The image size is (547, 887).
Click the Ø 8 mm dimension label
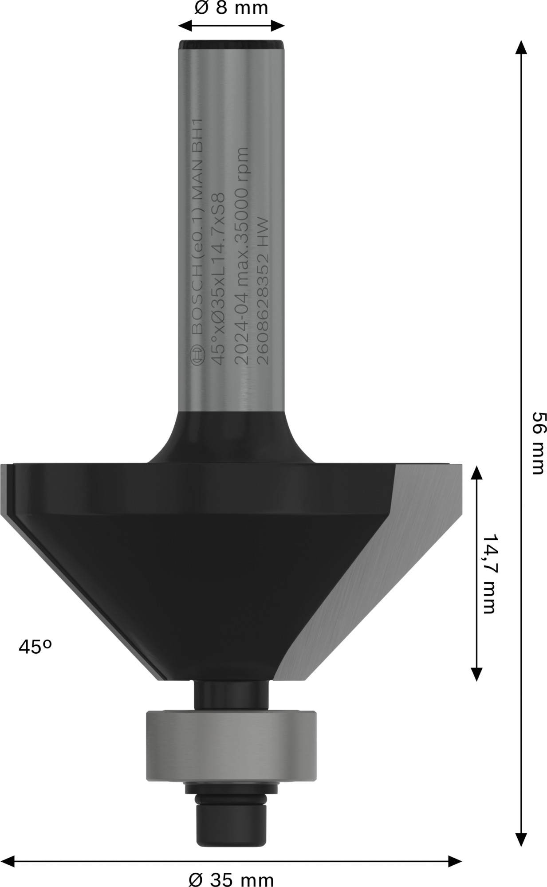pyautogui.click(x=231, y=8)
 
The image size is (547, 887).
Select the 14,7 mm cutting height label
pyautogui.click(x=488, y=574)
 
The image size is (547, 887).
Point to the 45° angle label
pyautogui.click(x=35, y=647)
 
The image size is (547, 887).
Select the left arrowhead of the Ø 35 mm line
pyautogui.click(x=8, y=862)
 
